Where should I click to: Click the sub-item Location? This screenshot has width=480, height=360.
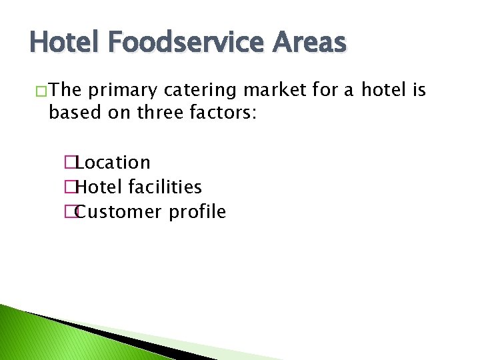(x=113, y=163)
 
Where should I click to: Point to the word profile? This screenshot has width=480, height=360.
(x=197, y=212)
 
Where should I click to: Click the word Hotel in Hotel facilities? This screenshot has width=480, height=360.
(x=100, y=187)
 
